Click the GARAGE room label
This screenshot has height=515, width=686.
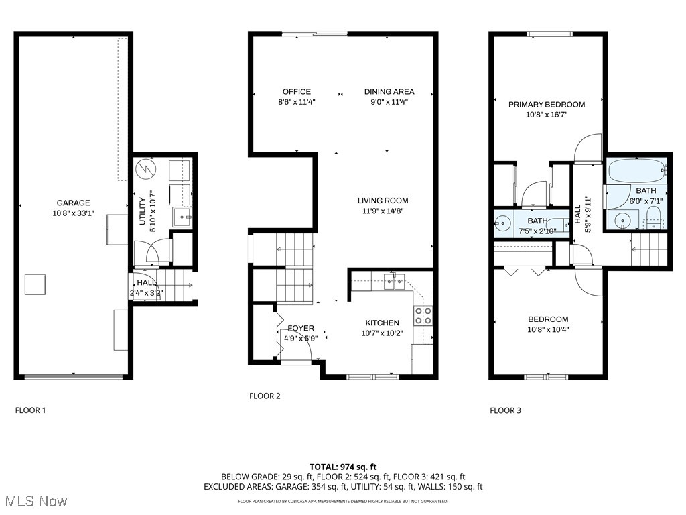point(73,203)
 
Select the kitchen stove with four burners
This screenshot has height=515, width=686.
point(423,316)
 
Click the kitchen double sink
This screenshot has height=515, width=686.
point(393,282)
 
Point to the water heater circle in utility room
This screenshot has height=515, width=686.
point(145,169)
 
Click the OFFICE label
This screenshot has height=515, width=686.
point(296,92)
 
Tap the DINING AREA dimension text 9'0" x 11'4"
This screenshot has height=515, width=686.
point(389,103)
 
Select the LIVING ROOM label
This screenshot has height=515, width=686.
point(383,201)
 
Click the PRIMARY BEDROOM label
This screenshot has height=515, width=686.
point(546,105)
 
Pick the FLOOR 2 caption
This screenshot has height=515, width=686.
point(265,396)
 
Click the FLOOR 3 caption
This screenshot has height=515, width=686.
point(505,410)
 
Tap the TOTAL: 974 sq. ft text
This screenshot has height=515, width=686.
point(343,467)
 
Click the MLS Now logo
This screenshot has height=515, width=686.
point(34,501)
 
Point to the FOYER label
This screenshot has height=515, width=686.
point(301,328)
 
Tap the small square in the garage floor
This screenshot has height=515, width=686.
point(35,285)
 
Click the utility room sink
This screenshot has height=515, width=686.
point(181,217)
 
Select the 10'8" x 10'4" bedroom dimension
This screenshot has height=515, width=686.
point(547,330)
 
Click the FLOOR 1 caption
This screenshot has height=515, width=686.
point(30,410)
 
